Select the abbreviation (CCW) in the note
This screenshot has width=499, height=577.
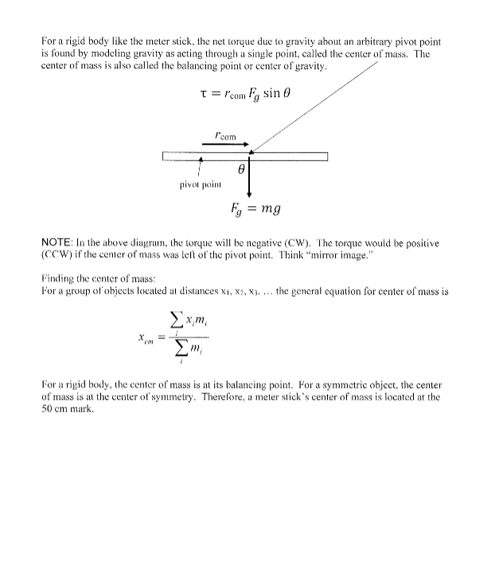point(55,257)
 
